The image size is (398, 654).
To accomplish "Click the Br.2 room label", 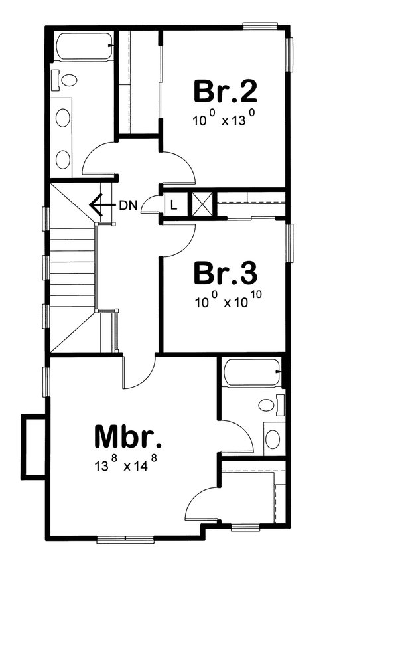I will (225, 91).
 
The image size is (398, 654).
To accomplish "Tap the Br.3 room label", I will (225, 273).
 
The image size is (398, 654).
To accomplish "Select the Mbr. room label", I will (128, 437).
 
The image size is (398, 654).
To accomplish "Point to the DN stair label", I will (129, 205).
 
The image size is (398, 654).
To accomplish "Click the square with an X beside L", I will (202, 204).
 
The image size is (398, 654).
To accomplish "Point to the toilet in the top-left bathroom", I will (67, 80).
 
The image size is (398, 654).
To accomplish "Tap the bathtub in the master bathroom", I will (251, 372).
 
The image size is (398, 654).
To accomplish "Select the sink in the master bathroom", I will (273, 438).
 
